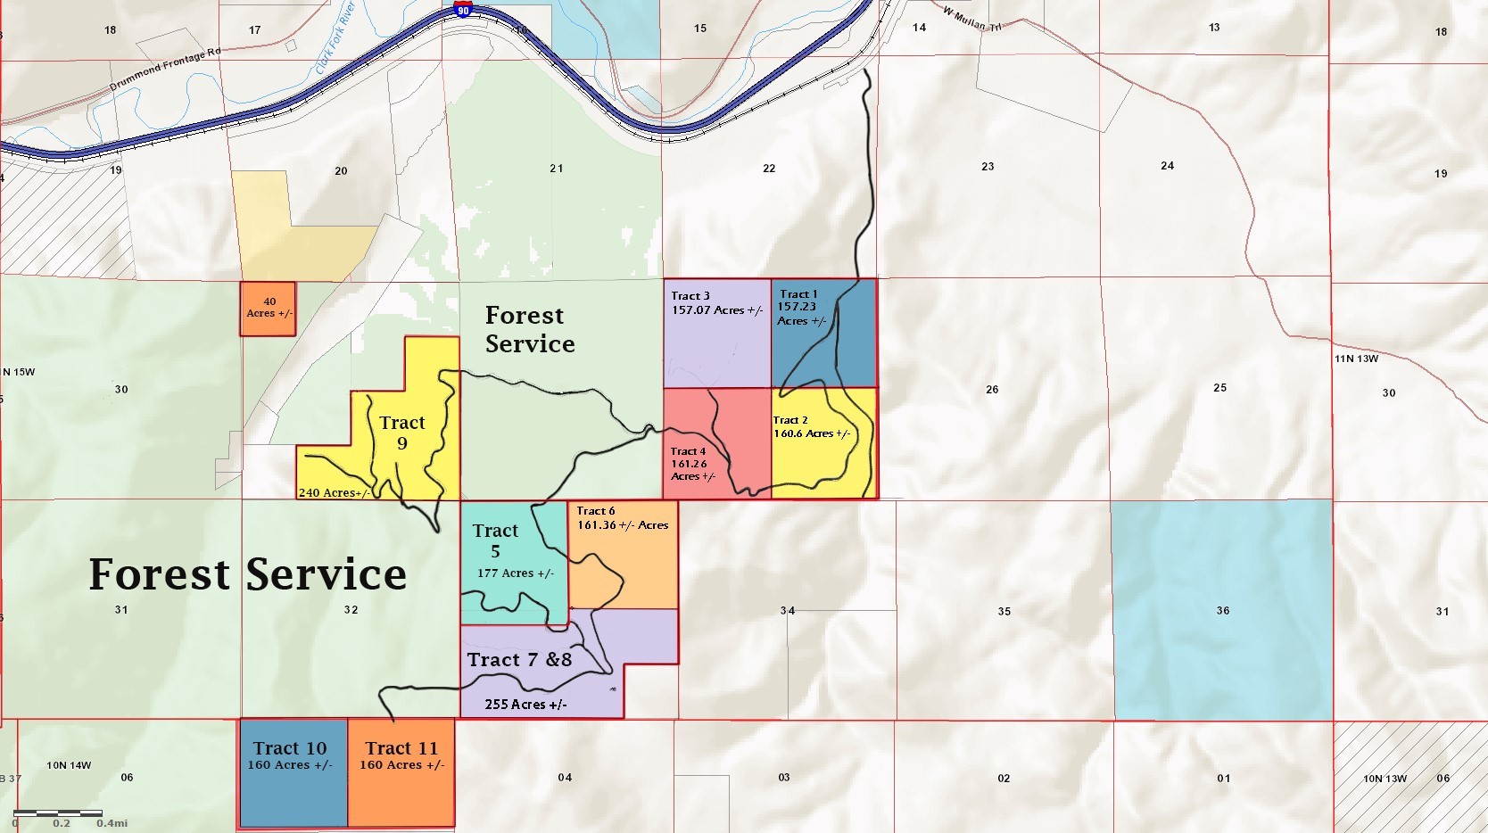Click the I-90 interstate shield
tap(462, 9)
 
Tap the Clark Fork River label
tap(335, 37)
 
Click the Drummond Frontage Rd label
tap(165, 70)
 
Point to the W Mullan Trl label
tap(972, 19)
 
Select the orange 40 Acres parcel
tap(268, 309)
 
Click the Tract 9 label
tap(401, 433)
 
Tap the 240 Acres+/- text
tap(334, 492)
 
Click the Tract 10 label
tap(290, 748)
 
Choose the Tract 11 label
tap(401, 748)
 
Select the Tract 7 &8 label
tap(519, 660)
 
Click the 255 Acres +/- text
tap(525, 705)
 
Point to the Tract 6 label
tap(595, 511)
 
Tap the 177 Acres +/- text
tap(515, 573)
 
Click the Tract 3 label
tap(690, 295)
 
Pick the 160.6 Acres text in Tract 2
tap(811, 433)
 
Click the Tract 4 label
tap(688, 451)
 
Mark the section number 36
tap(1223, 611)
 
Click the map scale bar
tap(58, 813)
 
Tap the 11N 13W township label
tap(1356, 359)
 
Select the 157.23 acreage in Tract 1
tap(797, 307)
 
